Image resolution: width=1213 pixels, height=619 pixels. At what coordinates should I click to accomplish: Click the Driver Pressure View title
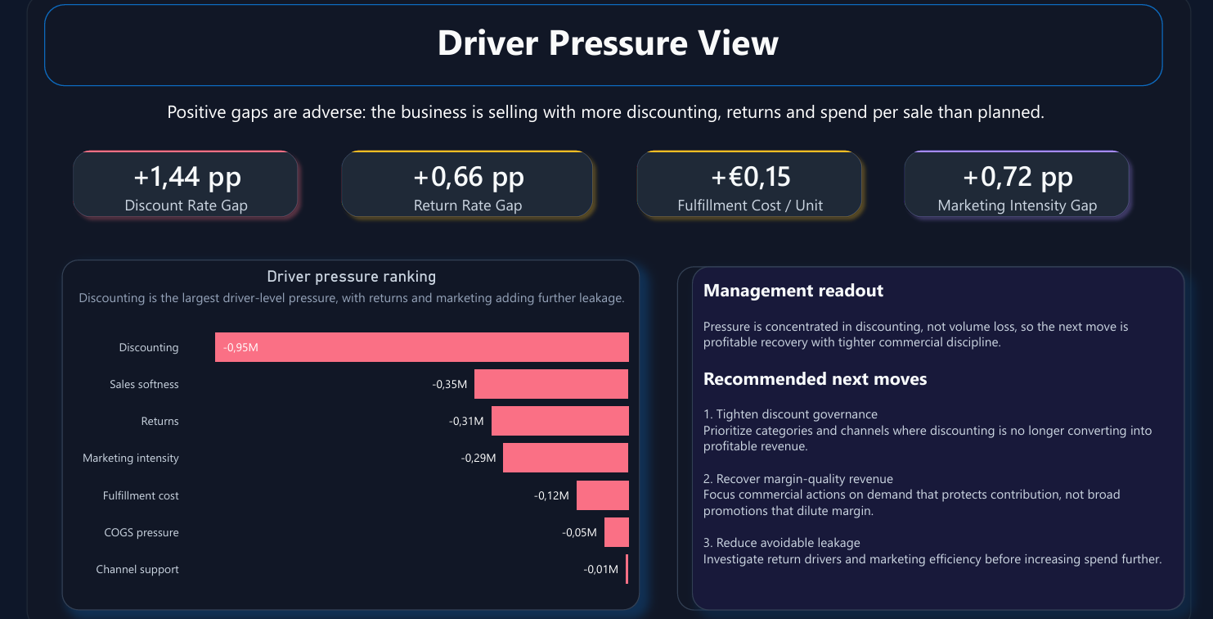click(x=607, y=43)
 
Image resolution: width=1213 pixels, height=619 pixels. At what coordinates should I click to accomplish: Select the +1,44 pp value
click(x=186, y=176)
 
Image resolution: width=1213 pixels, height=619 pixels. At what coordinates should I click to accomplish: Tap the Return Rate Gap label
click(x=467, y=206)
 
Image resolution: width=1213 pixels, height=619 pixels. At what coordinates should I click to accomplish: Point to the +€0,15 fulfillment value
click(x=749, y=176)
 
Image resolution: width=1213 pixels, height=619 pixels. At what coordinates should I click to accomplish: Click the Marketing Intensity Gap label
click(x=1017, y=206)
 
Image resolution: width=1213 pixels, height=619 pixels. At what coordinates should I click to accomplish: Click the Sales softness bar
click(x=550, y=384)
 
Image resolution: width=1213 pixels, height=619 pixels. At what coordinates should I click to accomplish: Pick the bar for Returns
click(x=559, y=421)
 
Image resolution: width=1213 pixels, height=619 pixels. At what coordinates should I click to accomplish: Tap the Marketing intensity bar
click(x=565, y=458)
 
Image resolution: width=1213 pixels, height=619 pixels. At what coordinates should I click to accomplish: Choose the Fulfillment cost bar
click(x=602, y=495)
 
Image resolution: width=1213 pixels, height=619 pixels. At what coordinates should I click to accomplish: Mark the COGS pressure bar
click(x=616, y=532)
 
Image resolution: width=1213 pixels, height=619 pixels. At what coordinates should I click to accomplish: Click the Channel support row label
click(x=137, y=569)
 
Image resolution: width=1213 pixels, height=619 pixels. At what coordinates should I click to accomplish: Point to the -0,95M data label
click(x=240, y=347)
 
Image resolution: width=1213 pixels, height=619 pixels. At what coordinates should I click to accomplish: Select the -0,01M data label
click(x=600, y=569)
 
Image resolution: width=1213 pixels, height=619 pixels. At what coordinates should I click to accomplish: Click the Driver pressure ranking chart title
click(x=351, y=277)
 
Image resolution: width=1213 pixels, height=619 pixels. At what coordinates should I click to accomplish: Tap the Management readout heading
click(x=793, y=291)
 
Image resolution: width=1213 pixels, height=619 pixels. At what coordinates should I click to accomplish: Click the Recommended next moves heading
click(x=815, y=379)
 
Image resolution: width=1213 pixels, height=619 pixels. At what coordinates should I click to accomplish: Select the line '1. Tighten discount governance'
click(x=790, y=414)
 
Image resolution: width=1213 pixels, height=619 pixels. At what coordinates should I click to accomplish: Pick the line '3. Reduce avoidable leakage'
click(x=781, y=543)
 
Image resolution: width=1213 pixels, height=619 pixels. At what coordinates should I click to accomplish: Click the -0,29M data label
click(x=478, y=458)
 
